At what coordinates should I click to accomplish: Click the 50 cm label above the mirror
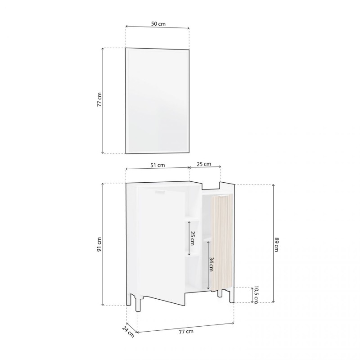pos(158,24)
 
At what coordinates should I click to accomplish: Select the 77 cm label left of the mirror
pos(99,99)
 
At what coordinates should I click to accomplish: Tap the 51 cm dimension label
pos(157,165)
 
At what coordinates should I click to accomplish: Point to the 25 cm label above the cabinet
pos(204,164)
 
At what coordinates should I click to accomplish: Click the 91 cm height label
pos(99,244)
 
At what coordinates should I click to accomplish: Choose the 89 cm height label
pos(276,244)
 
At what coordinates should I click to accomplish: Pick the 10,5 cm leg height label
pos(256,295)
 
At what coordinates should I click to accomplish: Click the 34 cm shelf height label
pos(211,264)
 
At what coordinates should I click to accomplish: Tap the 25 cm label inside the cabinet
pos(192,238)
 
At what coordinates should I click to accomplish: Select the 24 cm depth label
pos(128,332)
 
